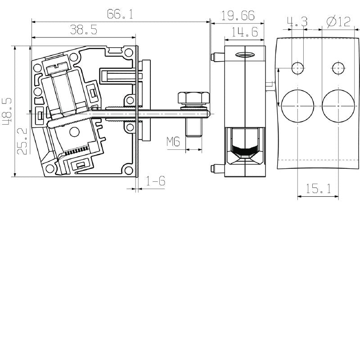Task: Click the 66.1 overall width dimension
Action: pyautogui.click(x=120, y=14)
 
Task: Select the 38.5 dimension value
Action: pyautogui.click(x=83, y=30)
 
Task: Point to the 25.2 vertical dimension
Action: pyautogui.click(x=22, y=141)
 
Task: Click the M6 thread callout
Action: pyautogui.click(x=173, y=142)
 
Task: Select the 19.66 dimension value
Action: pyautogui.click(x=238, y=16)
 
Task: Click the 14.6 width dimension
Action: pyautogui.click(x=244, y=31)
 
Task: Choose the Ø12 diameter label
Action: pyautogui.click(x=338, y=22)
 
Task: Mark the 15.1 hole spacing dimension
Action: pyautogui.click(x=318, y=189)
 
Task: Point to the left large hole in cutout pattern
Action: pyautogui.click(x=297, y=106)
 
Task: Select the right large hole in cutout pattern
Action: pyautogui.click(x=338, y=106)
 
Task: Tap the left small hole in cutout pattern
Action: pyautogui.click(x=297, y=68)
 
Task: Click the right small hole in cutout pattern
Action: pyautogui.click(x=338, y=68)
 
